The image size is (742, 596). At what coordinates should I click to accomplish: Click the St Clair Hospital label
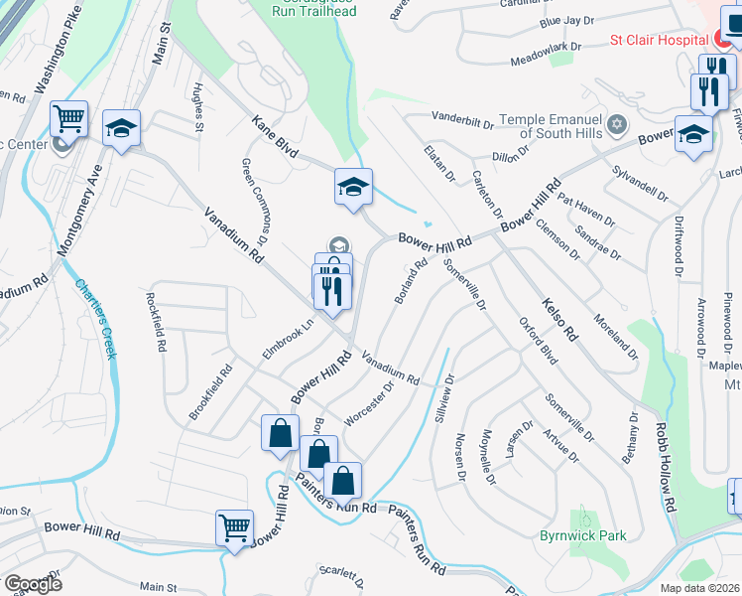pyautogui.click(x=656, y=41)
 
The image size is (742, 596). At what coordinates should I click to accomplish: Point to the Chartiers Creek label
pyautogui.click(x=96, y=317)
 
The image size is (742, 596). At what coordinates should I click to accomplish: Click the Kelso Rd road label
pyautogui.click(x=558, y=318)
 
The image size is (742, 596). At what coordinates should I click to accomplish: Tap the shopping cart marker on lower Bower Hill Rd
pyautogui.click(x=235, y=529)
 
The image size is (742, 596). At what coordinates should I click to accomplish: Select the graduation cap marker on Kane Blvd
pyautogui.click(x=351, y=187)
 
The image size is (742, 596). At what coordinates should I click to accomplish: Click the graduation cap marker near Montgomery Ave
pyautogui.click(x=121, y=129)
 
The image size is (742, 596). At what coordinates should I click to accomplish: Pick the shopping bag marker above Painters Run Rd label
pyautogui.click(x=342, y=482)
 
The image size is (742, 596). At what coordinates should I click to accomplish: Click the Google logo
pyautogui.click(x=32, y=584)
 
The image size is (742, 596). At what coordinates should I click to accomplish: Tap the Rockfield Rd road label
pyautogui.click(x=158, y=322)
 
